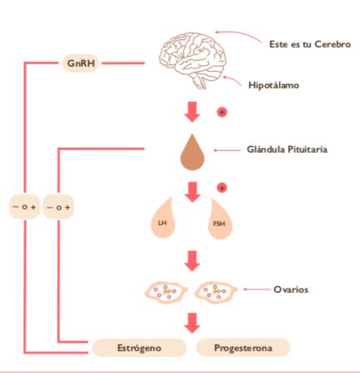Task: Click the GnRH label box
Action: (x=81, y=63)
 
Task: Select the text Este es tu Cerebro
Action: (x=310, y=44)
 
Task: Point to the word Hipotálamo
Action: (x=274, y=85)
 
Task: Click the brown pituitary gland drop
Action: (x=192, y=153)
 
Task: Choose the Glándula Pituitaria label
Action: (x=287, y=149)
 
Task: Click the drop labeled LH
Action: (x=163, y=219)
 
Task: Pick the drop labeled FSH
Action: (x=220, y=219)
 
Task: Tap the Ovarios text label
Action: (x=291, y=290)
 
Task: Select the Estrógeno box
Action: (x=139, y=348)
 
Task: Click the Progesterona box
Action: (x=243, y=348)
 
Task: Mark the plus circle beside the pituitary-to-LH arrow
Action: (x=222, y=188)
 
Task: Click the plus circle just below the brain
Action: (x=222, y=112)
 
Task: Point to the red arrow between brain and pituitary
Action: (x=192, y=112)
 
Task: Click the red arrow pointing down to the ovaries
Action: (x=192, y=261)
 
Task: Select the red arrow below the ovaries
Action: (x=192, y=323)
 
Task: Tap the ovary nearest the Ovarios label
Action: (x=215, y=292)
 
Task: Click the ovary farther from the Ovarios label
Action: (x=166, y=292)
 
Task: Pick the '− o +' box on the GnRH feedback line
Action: (x=25, y=207)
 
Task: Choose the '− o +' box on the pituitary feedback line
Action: (x=58, y=207)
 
